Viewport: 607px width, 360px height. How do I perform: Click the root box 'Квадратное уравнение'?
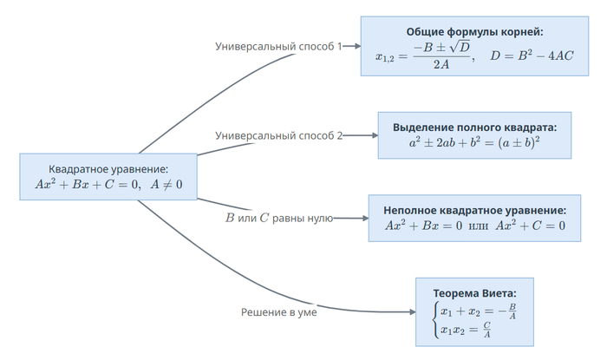point(108,176)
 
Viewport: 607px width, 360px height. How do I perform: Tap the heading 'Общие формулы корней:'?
point(474,32)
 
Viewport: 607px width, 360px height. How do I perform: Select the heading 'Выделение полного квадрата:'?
point(474,127)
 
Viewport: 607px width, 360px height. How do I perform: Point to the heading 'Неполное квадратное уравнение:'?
point(474,210)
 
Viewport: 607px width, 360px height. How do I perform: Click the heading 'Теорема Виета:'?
point(474,292)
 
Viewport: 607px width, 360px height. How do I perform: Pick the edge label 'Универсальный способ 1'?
point(278,46)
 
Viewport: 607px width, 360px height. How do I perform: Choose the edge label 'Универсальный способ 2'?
point(278,135)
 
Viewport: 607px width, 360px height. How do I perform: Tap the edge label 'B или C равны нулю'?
point(278,219)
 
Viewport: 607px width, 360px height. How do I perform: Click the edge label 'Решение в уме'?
point(278,312)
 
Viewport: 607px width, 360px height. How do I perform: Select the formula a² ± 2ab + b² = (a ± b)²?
point(474,142)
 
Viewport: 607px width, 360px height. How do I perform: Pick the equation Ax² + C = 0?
point(530,226)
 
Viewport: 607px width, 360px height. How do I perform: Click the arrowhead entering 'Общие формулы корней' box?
point(356,46)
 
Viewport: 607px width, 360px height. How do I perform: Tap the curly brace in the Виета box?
point(434,320)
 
